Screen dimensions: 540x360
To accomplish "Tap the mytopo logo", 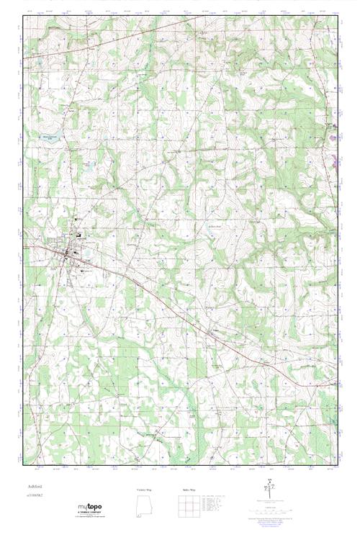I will [90, 508].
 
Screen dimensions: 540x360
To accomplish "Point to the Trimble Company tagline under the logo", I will [90, 513].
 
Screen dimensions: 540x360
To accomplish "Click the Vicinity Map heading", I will [144, 490].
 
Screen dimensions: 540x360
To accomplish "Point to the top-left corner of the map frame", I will [24, 17].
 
